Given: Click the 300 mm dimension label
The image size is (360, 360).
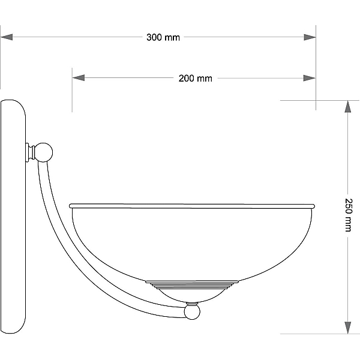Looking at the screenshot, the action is [x=163, y=37].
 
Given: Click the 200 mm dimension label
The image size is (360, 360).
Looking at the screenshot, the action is [x=196, y=78].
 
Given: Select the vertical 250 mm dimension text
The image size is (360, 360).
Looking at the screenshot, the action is [x=348, y=215].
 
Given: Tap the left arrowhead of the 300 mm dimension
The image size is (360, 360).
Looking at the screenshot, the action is [x=7, y=37].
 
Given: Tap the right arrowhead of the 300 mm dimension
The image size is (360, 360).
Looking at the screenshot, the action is [x=310, y=37].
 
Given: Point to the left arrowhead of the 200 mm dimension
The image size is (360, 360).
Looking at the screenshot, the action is [x=79, y=78].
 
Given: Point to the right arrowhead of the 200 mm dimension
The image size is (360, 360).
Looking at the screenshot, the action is [x=309, y=78].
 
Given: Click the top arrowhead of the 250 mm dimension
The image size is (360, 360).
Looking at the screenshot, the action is [x=348, y=107].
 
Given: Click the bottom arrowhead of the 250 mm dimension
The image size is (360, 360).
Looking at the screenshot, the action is [x=348, y=328].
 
